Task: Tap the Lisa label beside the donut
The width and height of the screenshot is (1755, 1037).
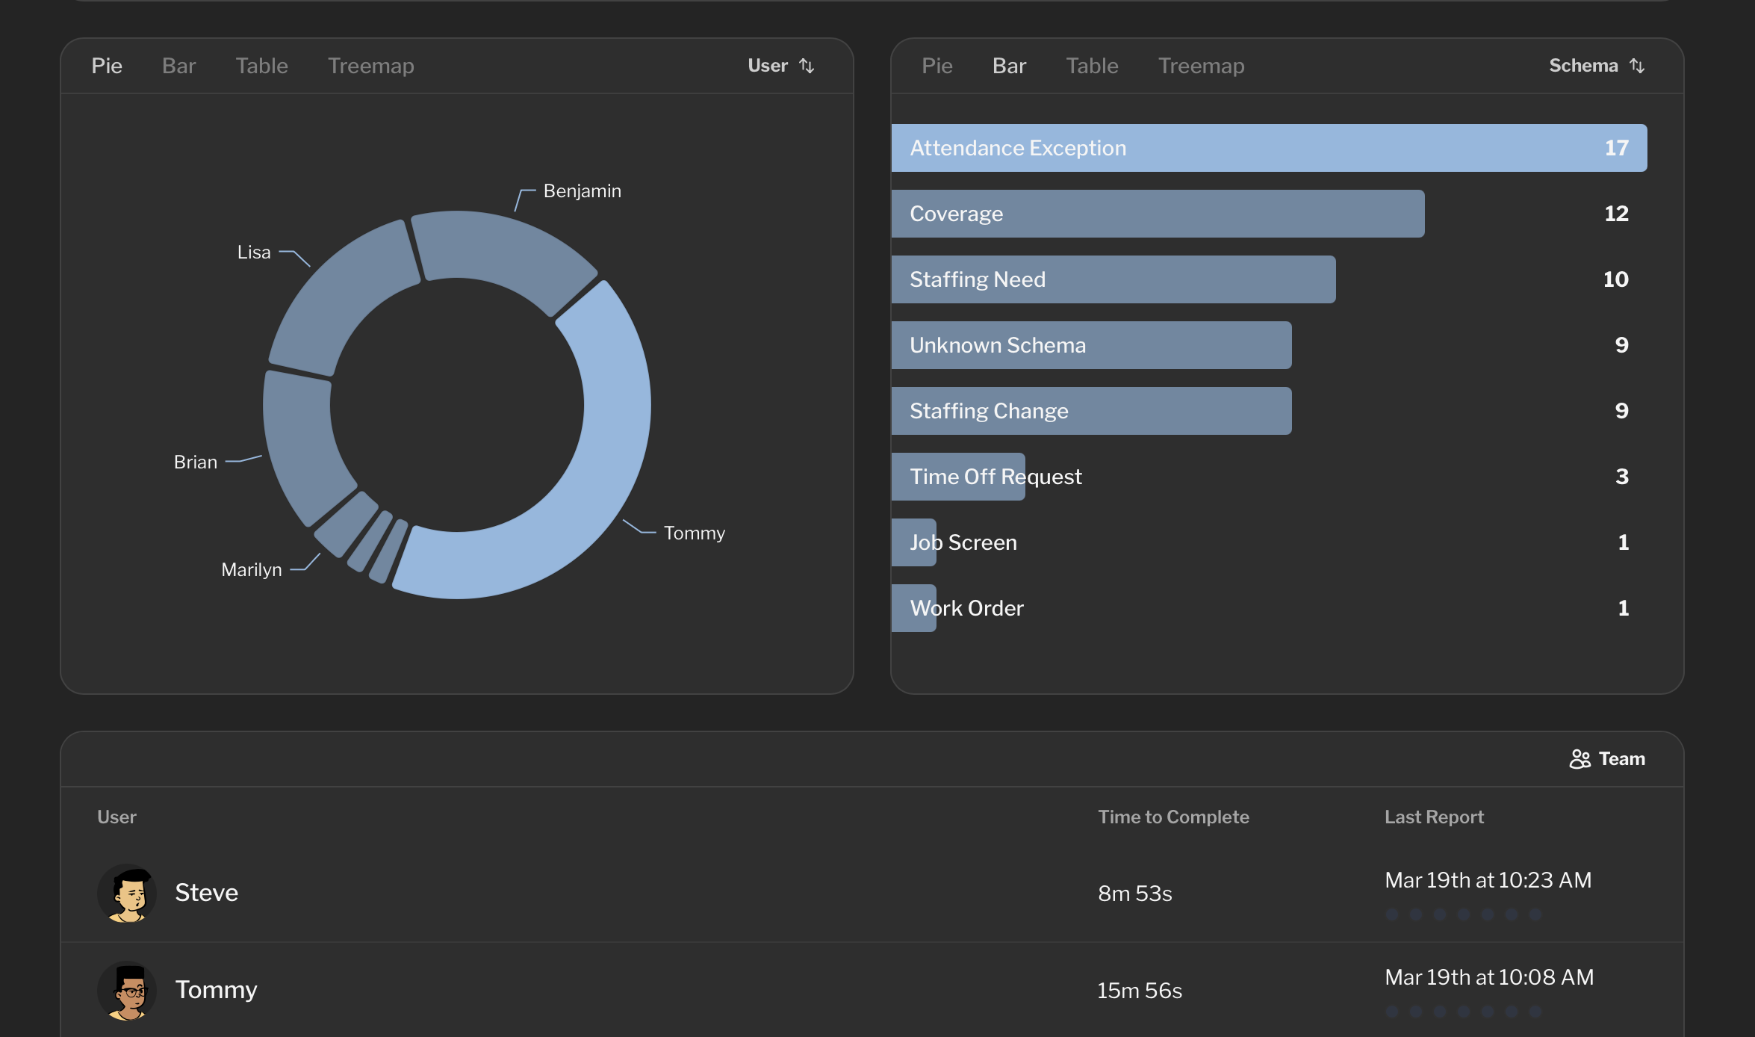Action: point(254,253)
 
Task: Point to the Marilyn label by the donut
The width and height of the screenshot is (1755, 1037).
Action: point(252,570)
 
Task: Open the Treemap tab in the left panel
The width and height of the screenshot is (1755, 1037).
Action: point(370,66)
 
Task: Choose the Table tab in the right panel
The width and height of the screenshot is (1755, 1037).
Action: point(1092,66)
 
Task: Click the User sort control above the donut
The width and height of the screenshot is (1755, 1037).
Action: point(780,66)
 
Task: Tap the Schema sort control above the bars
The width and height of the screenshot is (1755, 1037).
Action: point(1596,66)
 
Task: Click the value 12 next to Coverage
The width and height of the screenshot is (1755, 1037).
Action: point(1616,214)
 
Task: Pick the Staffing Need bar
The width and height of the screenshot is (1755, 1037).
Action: point(1113,279)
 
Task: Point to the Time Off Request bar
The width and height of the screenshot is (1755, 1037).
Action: point(958,477)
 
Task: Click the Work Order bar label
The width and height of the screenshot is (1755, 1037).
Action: point(966,608)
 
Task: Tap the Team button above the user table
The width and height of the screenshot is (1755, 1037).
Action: point(1607,759)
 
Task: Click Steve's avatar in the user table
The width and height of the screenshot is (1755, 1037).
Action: point(127,893)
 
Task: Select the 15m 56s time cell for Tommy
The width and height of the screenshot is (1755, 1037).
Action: point(1139,991)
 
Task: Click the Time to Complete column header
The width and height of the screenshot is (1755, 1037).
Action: point(1173,817)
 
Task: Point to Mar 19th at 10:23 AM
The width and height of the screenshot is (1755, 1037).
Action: point(1488,880)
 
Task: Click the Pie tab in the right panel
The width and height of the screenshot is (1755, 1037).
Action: point(936,66)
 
